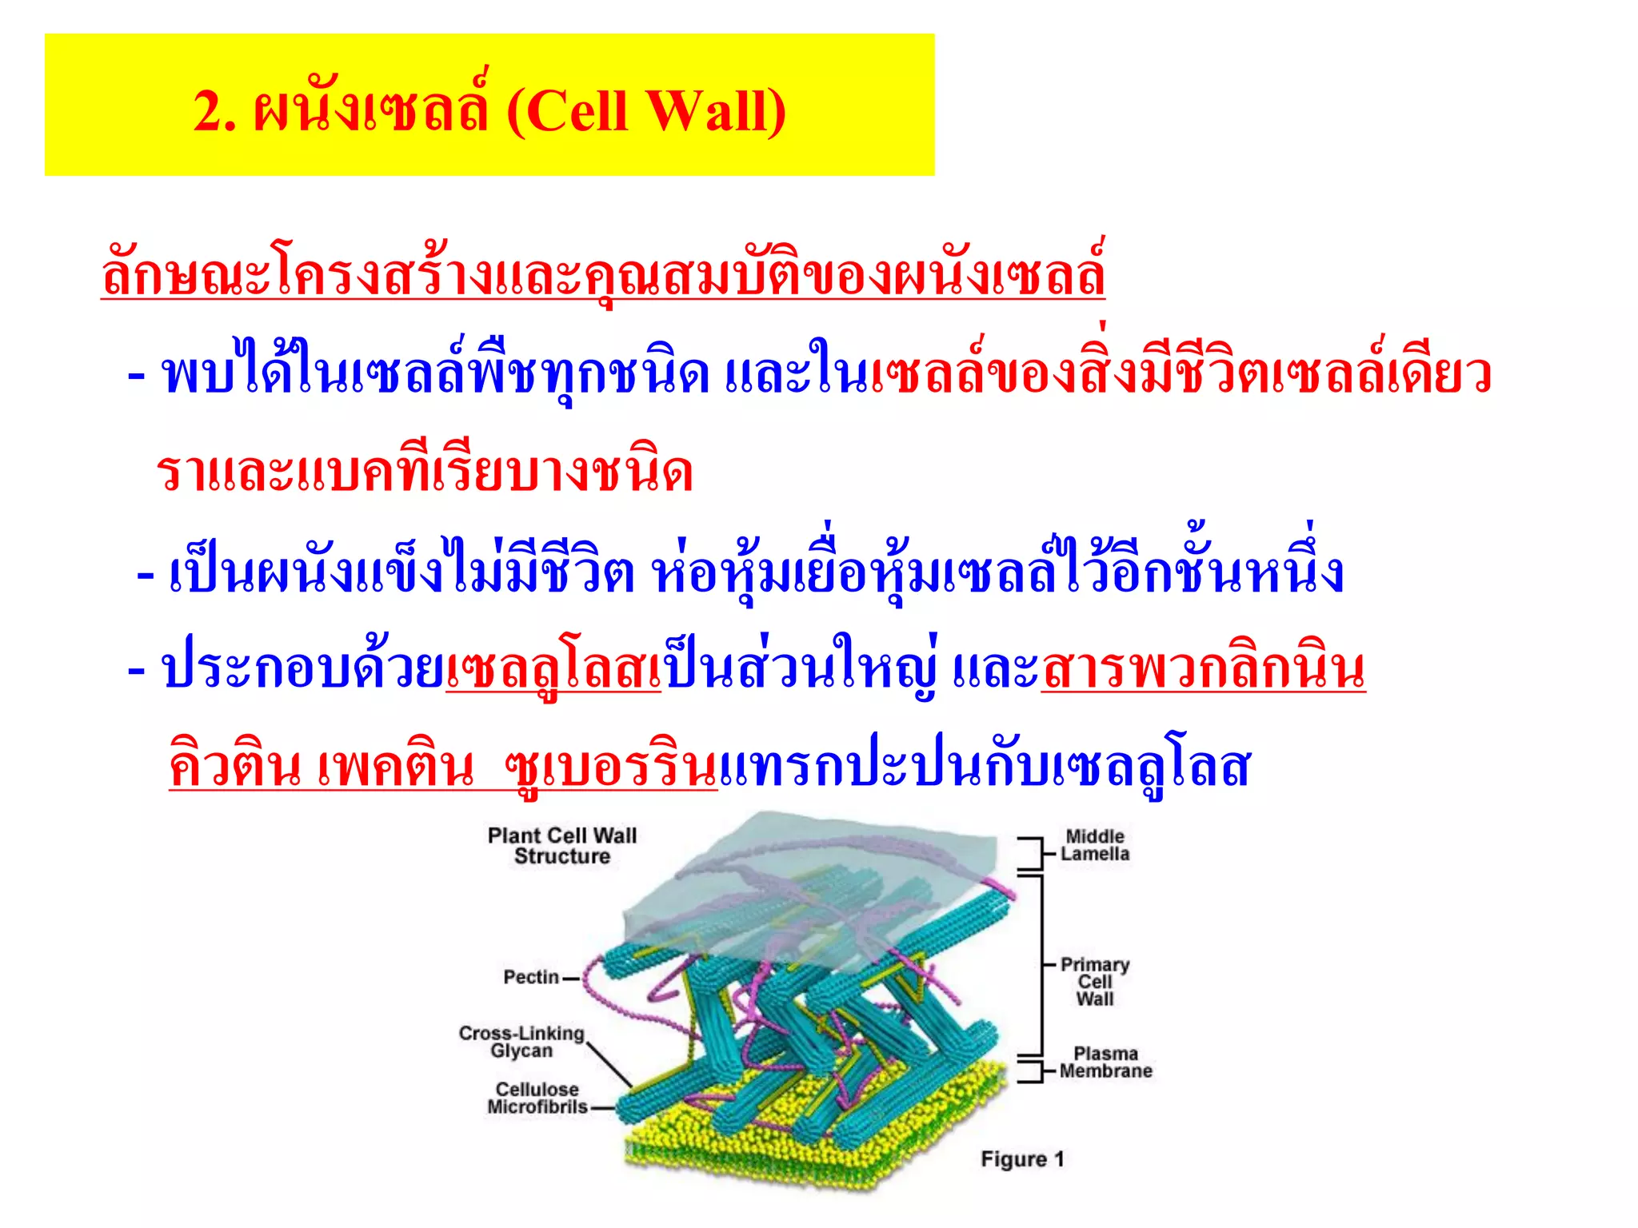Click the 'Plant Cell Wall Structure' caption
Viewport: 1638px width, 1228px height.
[x=561, y=846]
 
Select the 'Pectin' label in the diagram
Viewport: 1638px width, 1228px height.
[x=530, y=977]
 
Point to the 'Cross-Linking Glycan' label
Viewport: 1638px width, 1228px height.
[x=521, y=1042]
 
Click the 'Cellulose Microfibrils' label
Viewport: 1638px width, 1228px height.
[x=537, y=1098]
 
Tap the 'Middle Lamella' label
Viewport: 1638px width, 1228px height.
[x=1095, y=845]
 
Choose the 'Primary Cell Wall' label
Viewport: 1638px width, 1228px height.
[x=1094, y=982]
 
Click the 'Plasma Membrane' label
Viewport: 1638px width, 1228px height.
[x=1105, y=1063]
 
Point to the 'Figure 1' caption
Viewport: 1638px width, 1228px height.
[x=1022, y=1159]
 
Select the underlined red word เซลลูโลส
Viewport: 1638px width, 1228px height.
[x=553, y=670]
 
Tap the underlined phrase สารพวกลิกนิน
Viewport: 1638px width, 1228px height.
[x=1203, y=670]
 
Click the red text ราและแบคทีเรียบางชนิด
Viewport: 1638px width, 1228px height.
[x=425, y=472]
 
